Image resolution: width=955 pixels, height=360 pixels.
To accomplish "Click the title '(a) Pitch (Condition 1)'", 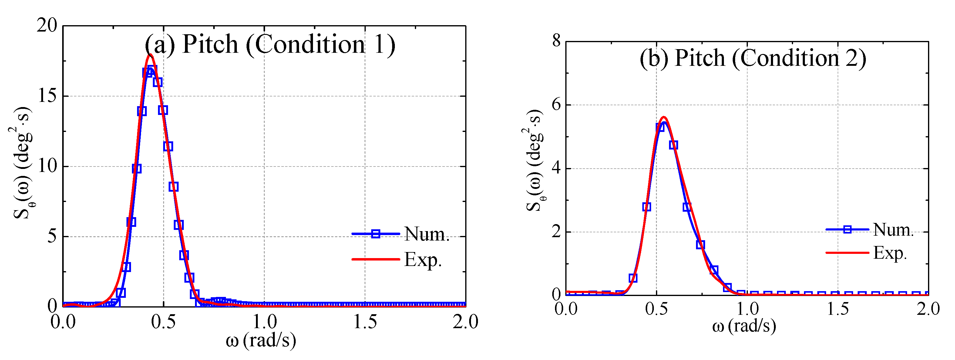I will [x=270, y=45].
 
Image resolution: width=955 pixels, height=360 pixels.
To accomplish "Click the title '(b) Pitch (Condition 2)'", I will [x=753, y=59].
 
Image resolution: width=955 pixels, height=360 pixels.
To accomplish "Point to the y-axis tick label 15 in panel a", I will [x=47, y=96].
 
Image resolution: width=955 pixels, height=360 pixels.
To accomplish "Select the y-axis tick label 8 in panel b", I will [x=556, y=41].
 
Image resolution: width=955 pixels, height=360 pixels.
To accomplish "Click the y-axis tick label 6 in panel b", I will [x=556, y=105].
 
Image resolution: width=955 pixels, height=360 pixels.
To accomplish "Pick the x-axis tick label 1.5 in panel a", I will [x=365, y=322].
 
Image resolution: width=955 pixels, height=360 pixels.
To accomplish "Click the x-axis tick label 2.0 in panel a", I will [x=465, y=322].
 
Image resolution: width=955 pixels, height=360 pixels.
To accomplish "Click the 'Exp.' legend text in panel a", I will [x=423, y=260].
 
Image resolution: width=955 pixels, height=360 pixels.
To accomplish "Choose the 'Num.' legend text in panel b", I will [x=893, y=230].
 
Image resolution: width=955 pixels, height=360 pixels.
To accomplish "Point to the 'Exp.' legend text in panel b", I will [x=890, y=253].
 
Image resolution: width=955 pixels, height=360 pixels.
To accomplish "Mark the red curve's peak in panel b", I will [x=664, y=118].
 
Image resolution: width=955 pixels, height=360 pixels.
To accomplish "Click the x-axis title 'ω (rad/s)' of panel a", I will [x=261, y=340].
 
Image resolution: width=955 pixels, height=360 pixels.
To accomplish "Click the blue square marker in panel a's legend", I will [x=375, y=234].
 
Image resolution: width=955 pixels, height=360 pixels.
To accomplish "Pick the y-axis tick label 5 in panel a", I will [x=52, y=237].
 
